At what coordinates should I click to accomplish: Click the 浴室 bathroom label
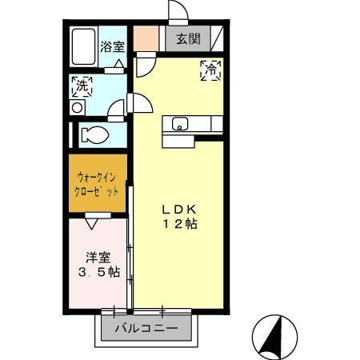(112, 46)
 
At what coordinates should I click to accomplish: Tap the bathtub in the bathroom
(84, 48)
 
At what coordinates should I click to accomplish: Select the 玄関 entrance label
(188, 38)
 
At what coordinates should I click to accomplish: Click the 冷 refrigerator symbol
(212, 70)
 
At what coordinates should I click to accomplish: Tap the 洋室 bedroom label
(99, 258)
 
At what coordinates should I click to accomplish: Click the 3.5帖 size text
(99, 272)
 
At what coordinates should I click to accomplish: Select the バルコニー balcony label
(145, 328)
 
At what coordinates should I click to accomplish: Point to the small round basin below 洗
(78, 106)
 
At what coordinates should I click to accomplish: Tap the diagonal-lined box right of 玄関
(217, 38)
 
